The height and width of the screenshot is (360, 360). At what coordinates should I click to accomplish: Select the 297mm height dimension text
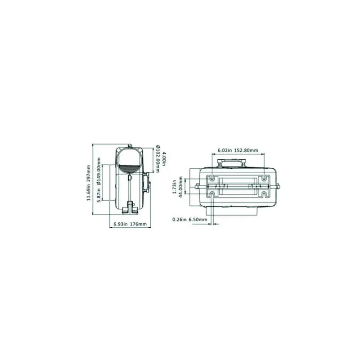point(89,173)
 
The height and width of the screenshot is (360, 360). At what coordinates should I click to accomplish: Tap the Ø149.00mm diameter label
point(99,171)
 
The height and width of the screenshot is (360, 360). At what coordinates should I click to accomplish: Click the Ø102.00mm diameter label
point(158,159)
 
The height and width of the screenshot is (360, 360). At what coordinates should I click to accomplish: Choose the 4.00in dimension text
point(163,159)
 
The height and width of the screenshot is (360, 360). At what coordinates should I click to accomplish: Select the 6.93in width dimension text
point(121,224)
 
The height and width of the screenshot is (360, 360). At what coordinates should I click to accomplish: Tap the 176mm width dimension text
point(138,224)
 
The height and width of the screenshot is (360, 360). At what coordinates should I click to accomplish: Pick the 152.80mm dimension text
point(246,150)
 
